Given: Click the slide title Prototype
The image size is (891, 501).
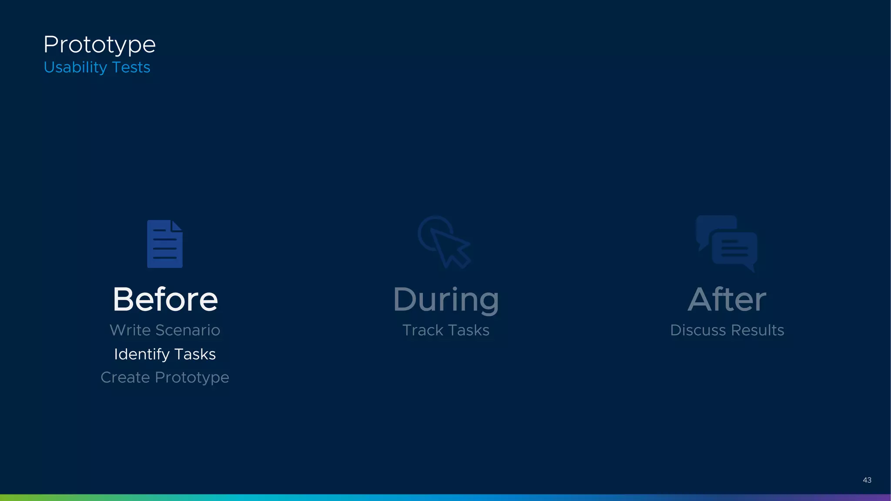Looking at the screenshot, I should (99, 45).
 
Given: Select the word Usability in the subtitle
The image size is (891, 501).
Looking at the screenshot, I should (75, 67).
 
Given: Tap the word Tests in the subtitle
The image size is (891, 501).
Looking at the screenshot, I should (131, 67).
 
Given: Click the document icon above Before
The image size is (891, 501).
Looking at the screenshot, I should (165, 244).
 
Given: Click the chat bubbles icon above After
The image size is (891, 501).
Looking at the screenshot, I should (727, 243).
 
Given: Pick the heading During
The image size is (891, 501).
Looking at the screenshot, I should (446, 300).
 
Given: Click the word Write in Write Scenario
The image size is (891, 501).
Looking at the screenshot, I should (130, 330).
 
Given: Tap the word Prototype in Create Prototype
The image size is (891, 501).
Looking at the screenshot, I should (192, 378).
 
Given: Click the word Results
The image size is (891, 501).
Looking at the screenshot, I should (757, 330).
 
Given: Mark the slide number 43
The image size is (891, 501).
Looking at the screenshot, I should (867, 480).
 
